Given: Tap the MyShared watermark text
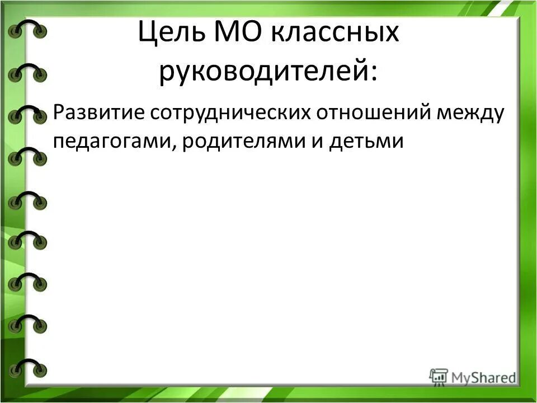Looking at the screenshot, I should [483, 378].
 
